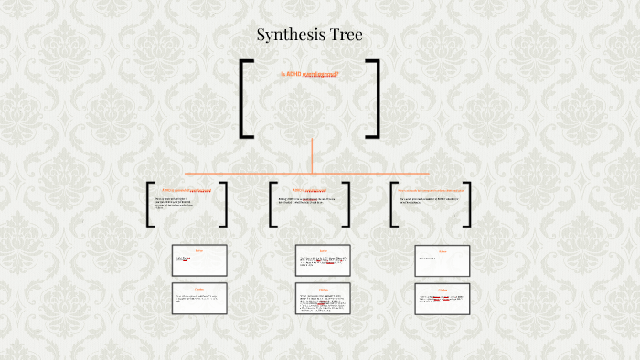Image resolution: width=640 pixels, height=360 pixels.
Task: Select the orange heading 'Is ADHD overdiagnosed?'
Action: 310,74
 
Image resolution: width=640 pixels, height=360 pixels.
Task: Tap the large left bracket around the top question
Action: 245,99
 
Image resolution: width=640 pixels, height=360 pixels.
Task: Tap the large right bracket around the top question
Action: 374,99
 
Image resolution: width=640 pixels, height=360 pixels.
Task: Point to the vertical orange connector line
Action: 312,154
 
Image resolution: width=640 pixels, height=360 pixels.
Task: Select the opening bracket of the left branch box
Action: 149,204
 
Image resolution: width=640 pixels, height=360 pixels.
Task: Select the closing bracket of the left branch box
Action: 225,204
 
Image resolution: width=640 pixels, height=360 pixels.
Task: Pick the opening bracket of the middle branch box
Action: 272,204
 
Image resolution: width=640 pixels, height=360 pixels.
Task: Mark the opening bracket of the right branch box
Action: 392,204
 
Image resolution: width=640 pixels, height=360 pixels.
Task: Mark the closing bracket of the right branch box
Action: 467,204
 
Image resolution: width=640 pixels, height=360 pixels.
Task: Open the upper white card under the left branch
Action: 199,260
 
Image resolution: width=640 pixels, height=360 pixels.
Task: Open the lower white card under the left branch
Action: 199,299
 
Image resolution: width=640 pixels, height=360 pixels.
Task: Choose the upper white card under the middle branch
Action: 324,260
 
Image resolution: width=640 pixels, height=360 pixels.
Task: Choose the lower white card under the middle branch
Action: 324,299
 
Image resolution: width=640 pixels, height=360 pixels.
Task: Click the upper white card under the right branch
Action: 443,260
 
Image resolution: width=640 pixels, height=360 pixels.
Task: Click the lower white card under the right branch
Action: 443,299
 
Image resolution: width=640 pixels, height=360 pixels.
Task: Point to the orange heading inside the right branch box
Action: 429,190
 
